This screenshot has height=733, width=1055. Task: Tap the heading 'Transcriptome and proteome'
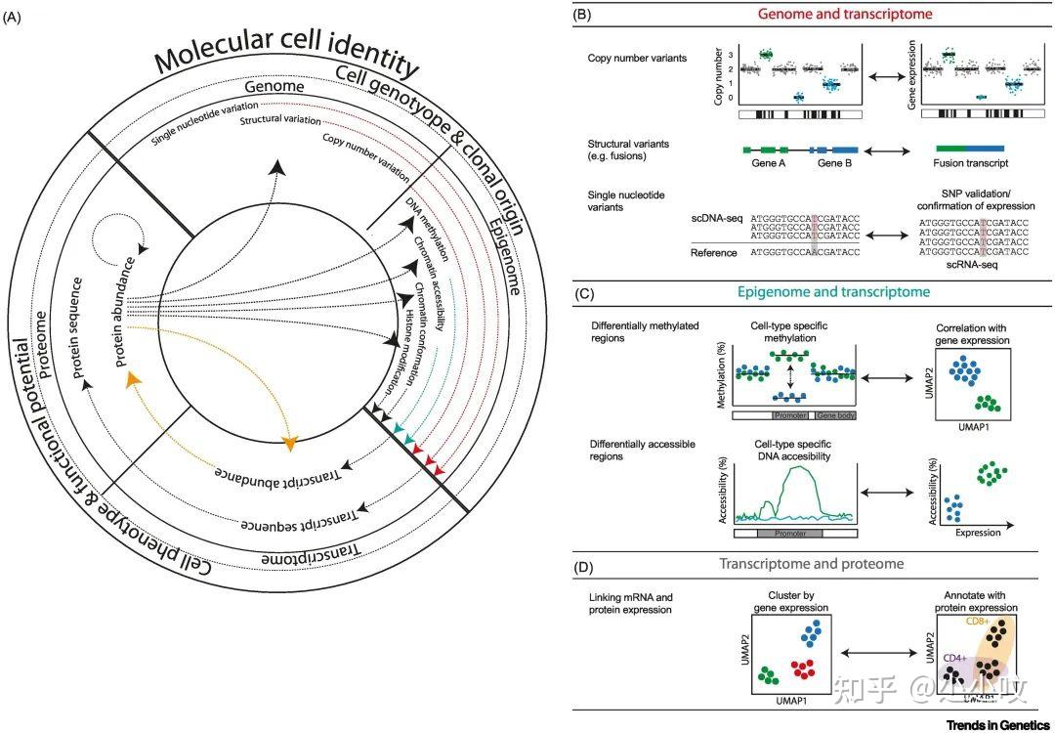tap(812, 564)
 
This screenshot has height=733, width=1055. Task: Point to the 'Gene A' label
tap(770, 164)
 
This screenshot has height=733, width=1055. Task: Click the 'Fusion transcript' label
tap(971, 164)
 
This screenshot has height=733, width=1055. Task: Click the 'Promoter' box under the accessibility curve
tap(789, 535)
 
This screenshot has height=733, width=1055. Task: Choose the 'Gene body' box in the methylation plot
tap(836, 415)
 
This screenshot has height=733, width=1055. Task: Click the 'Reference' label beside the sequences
tap(716, 252)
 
